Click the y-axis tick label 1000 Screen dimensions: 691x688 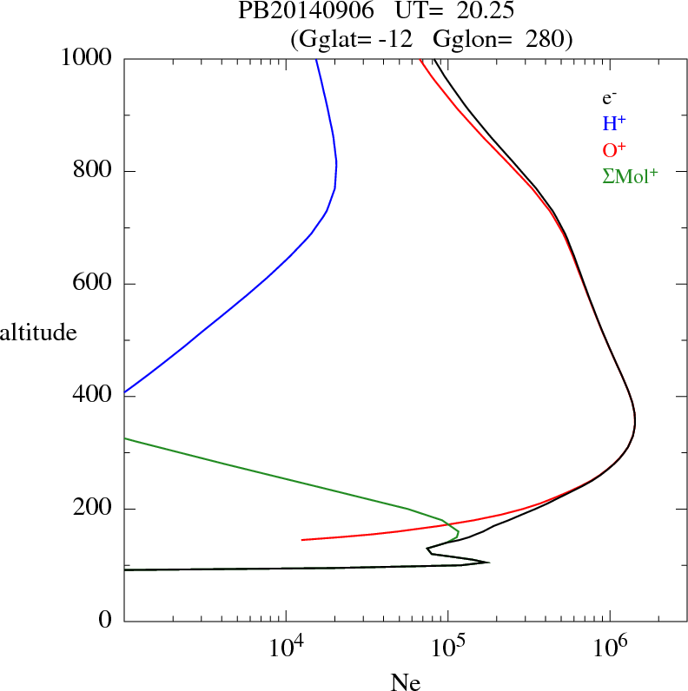pos(88,58)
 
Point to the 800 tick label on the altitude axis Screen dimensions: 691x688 pos(94,171)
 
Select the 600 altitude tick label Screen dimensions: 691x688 pos(94,284)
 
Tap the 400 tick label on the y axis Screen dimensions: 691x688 pos(94,396)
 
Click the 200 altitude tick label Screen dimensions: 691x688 pos(94,509)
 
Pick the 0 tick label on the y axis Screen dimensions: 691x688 pos(106,622)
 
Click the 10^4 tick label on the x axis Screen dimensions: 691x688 pos(286,646)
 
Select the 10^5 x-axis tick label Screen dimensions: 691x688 pos(448,646)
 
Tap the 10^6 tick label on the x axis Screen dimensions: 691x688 pos(610,646)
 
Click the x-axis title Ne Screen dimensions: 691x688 pos(405,682)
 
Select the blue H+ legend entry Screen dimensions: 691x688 pos(613,124)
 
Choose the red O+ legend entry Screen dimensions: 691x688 pos(613,149)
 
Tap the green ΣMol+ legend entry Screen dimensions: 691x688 pos(630,175)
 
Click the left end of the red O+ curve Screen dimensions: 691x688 pos(302,540)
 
